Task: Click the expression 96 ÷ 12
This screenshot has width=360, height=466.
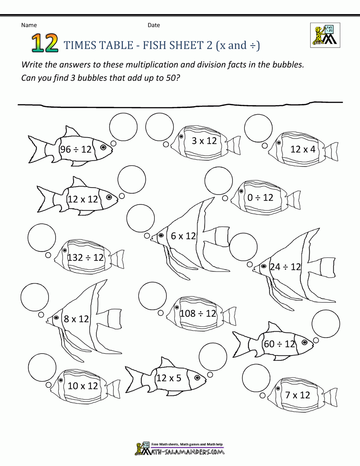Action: (76, 149)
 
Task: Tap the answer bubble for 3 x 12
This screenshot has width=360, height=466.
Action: (159, 127)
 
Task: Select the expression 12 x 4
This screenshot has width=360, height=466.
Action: (303, 149)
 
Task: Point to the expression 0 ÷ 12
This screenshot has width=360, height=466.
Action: (260, 197)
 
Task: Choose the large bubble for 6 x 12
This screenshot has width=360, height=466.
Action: (141, 218)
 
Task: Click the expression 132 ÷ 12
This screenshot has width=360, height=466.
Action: (86, 257)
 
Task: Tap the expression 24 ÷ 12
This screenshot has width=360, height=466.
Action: (285, 267)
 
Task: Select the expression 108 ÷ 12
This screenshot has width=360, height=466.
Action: (198, 313)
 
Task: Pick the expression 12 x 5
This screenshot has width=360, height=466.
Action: (168, 378)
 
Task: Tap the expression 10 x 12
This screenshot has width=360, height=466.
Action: (83, 386)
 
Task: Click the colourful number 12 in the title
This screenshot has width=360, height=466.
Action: (45, 44)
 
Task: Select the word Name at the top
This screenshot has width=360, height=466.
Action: (29, 25)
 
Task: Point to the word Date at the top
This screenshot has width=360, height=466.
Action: (154, 25)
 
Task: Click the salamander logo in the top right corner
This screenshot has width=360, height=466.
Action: (325, 35)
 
